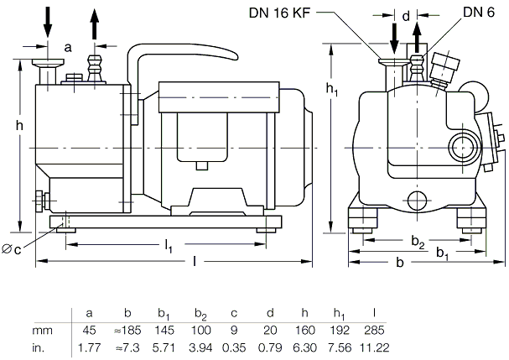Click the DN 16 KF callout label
pos(279,13)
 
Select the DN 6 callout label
pos(479,13)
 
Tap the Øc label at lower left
pos(12,249)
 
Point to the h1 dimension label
pos(332,89)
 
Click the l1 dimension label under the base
pos(169,245)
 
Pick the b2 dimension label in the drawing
pos(418,242)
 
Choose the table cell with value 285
pos(374,331)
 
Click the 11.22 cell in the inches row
pos(374,348)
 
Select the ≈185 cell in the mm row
pos(127,331)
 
